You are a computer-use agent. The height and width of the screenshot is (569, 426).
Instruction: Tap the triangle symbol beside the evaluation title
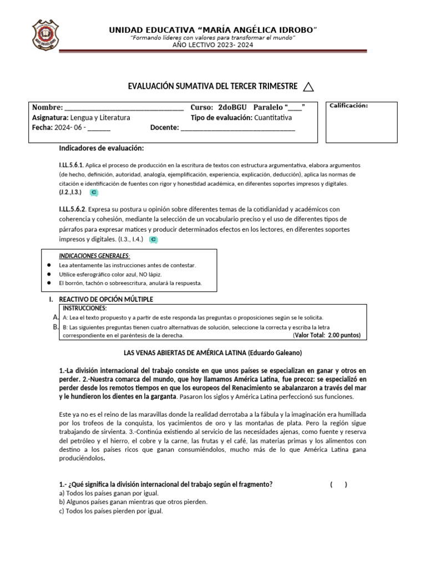click(309, 86)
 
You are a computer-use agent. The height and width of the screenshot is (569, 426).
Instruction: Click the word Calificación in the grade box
click(349, 106)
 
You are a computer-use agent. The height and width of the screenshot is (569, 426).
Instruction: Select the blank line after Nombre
click(124, 108)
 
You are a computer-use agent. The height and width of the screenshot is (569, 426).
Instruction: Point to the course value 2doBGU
click(233, 107)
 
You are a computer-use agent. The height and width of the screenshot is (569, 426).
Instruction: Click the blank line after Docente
click(238, 128)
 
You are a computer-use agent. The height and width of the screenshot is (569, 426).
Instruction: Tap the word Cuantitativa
click(273, 118)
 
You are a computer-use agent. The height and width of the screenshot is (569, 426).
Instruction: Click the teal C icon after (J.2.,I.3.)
click(94, 192)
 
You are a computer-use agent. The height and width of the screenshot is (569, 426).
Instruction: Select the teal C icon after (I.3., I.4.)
click(154, 239)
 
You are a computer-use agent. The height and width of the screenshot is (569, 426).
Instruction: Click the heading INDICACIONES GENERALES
click(94, 256)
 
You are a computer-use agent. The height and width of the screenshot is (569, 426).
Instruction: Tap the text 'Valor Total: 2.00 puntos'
click(327, 335)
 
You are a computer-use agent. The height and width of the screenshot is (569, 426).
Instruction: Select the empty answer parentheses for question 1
click(338, 485)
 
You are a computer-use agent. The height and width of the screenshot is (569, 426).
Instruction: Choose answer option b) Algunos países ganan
click(125, 502)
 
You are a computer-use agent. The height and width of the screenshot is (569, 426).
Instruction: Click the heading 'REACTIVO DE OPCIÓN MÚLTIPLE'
click(105, 300)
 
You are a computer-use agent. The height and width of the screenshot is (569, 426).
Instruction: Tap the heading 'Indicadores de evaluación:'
click(102, 148)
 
